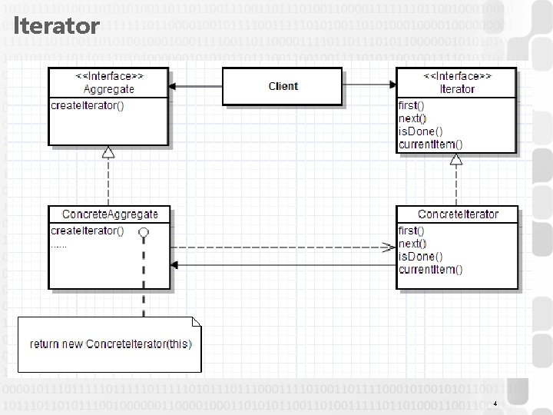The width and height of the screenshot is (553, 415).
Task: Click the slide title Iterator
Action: point(57,27)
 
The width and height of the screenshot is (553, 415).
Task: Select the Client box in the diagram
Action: point(283,86)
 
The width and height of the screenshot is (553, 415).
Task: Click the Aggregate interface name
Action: point(108,89)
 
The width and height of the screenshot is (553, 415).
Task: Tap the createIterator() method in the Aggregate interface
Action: point(87,105)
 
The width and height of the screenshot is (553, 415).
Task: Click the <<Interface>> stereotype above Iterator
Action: point(457,77)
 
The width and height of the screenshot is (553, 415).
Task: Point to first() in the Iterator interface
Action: point(412,105)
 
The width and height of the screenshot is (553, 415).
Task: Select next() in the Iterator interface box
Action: point(412,118)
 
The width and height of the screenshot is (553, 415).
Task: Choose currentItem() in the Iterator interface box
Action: point(430,144)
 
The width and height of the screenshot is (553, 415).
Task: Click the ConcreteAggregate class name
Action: point(110,214)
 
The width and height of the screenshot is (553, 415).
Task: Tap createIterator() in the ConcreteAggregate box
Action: point(87,231)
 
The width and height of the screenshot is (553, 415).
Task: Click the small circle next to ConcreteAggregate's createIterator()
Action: point(143,231)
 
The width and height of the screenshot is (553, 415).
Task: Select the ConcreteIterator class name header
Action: point(458,214)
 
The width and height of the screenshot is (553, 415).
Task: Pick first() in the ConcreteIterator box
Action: point(412,231)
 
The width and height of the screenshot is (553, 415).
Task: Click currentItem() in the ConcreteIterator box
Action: point(430,269)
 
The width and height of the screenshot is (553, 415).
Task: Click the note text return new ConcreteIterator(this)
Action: point(111,344)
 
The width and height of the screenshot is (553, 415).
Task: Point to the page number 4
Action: point(495,403)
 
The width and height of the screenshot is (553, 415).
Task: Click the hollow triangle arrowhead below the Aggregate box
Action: point(108,151)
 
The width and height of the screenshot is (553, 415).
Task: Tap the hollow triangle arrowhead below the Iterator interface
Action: point(456,160)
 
